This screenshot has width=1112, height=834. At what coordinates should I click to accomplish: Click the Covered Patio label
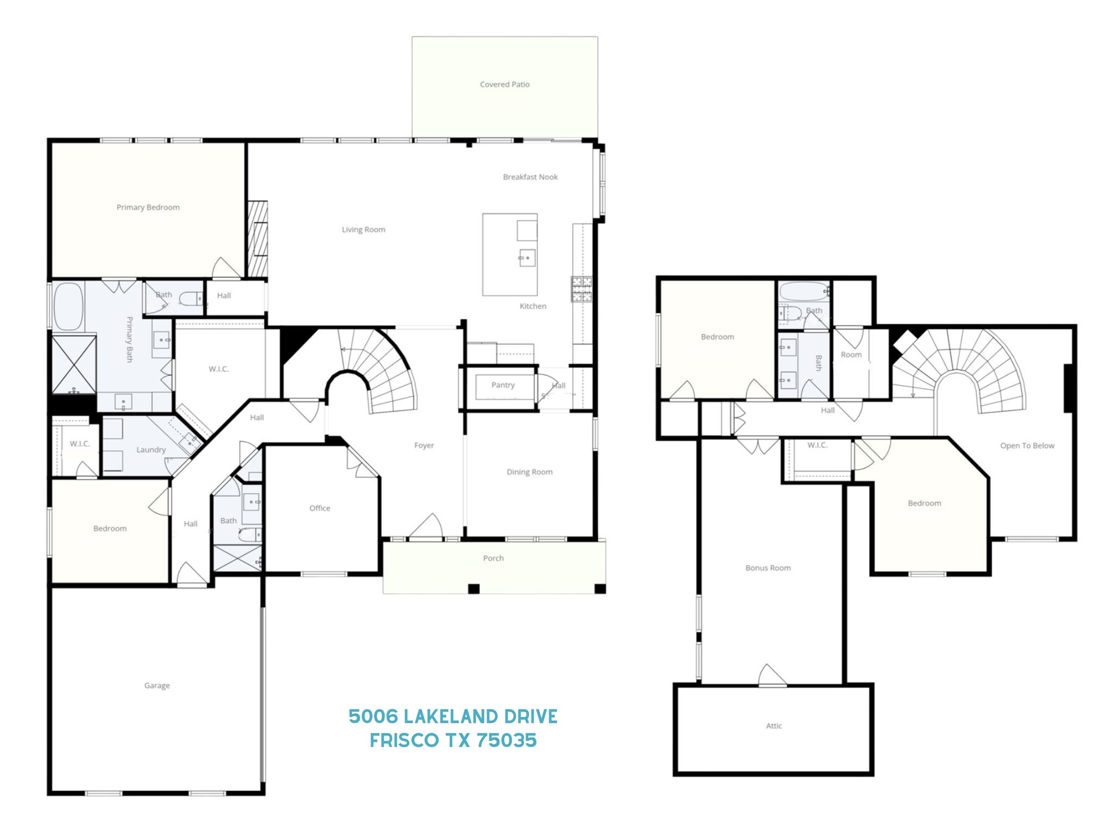[x=504, y=84]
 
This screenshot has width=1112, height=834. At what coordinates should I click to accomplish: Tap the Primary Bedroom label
[x=148, y=207]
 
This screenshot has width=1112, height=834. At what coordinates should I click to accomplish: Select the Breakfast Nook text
[x=530, y=177]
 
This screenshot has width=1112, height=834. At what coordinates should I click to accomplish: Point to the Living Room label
[x=363, y=230]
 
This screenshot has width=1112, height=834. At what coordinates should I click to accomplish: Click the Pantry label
[x=503, y=385]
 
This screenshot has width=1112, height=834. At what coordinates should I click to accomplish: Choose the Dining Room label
[x=529, y=472]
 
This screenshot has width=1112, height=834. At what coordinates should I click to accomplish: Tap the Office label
[x=320, y=508]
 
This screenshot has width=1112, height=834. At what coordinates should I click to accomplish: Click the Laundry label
[x=151, y=450]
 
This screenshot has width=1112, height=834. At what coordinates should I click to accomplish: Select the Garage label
[x=157, y=686]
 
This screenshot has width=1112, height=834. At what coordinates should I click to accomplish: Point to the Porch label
[x=493, y=558]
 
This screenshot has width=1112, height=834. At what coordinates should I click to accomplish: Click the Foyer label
[x=424, y=445]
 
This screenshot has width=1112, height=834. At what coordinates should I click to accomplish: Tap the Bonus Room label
[x=768, y=568]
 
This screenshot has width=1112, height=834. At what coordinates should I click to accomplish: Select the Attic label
[x=774, y=726]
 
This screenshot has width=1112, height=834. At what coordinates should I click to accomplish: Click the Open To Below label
[x=1027, y=446]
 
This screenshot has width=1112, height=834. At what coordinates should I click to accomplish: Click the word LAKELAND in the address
[x=453, y=717]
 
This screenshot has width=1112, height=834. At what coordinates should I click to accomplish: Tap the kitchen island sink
[x=527, y=257]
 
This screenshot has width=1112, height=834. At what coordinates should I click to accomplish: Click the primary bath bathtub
[x=68, y=306]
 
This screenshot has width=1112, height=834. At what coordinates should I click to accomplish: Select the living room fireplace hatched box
[x=258, y=238]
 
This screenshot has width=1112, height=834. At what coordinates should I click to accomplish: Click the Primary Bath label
[x=130, y=339]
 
